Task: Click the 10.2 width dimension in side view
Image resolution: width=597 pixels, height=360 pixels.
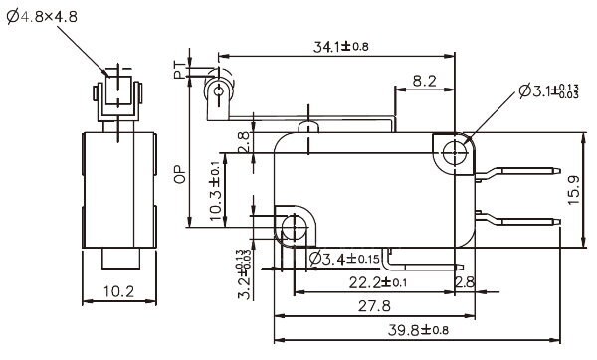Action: [x=117, y=292]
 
